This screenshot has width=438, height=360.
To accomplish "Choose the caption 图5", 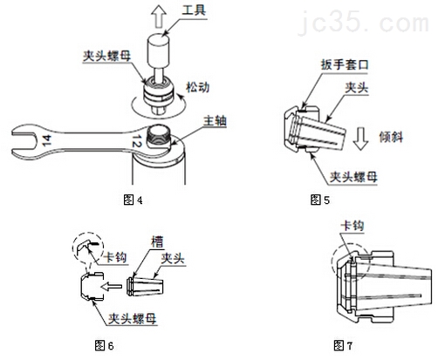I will point(320,200).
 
